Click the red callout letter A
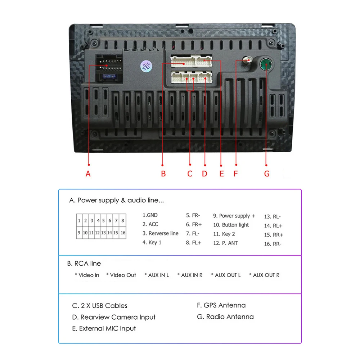click(x=88, y=174)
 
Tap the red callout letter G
click(x=267, y=174)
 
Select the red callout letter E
click(x=221, y=174)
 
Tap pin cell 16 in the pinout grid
click(x=123, y=233)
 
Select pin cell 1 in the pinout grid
click(x=79, y=221)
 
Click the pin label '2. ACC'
click(x=150, y=224)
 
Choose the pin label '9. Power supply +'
click(x=234, y=216)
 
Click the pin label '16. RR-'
click(x=273, y=244)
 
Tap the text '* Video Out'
click(x=121, y=275)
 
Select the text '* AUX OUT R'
click(x=264, y=275)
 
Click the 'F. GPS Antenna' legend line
click(x=221, y=305)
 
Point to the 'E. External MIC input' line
click(x=104, y=328)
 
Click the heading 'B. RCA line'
click(x=84, y=264)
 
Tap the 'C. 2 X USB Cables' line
click(x=100, y=306)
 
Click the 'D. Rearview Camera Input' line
click(x=114, y=317)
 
